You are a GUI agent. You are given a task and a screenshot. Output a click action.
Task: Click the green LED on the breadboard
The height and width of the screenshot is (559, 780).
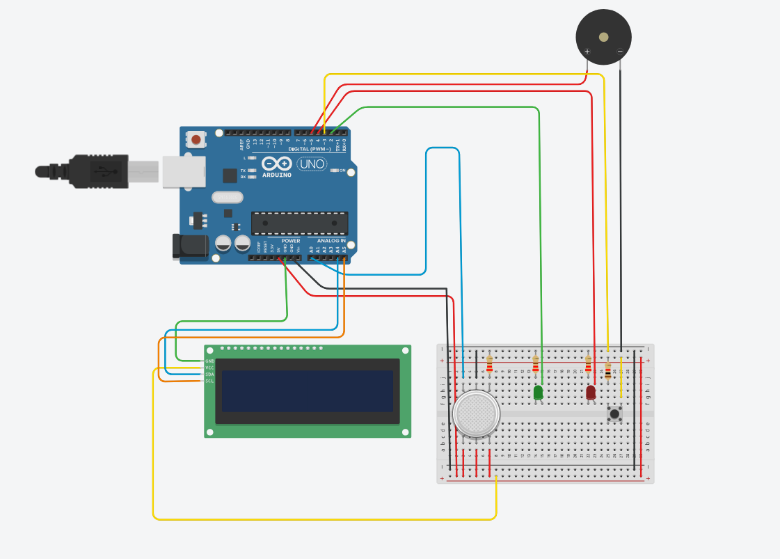pos(538,393)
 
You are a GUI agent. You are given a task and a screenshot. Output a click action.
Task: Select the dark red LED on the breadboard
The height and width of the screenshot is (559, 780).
pos(591,393)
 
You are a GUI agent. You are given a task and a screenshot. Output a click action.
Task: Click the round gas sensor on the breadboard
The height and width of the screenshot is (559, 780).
pos(476,414)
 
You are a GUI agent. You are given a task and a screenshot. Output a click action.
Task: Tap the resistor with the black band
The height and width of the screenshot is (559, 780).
pos(608,372)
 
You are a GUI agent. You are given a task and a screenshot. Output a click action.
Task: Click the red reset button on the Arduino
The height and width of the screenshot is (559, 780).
pos(196,140)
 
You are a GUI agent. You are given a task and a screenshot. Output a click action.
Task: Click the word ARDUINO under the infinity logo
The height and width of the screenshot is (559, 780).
pos(277,175)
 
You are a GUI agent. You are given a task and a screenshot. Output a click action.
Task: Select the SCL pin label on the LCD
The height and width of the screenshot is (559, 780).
pos(209,381)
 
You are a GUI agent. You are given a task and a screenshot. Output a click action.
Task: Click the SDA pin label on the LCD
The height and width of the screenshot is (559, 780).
pos(209,375)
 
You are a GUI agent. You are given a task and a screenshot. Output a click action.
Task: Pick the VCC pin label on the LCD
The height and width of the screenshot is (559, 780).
pos(209,368)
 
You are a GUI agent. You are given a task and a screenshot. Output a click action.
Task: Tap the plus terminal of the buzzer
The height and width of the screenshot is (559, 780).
pos(587,52)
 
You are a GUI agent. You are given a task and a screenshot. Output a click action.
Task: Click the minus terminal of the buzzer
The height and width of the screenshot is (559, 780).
pos(620,52)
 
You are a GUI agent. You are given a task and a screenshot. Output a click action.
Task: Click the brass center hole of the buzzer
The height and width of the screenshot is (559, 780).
pos(603,37)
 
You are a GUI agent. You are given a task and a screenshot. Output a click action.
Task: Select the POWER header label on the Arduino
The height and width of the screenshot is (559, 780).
pos(291,241)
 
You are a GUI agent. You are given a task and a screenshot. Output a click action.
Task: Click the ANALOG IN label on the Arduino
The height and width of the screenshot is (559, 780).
pos(332,241)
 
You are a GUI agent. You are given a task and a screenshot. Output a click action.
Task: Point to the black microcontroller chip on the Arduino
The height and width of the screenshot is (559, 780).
pos(299,223)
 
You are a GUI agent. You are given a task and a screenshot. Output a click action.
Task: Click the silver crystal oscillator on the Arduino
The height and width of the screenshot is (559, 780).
pos(226,198)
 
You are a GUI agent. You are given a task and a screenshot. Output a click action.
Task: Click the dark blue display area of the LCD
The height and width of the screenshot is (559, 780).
pos(307,391)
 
